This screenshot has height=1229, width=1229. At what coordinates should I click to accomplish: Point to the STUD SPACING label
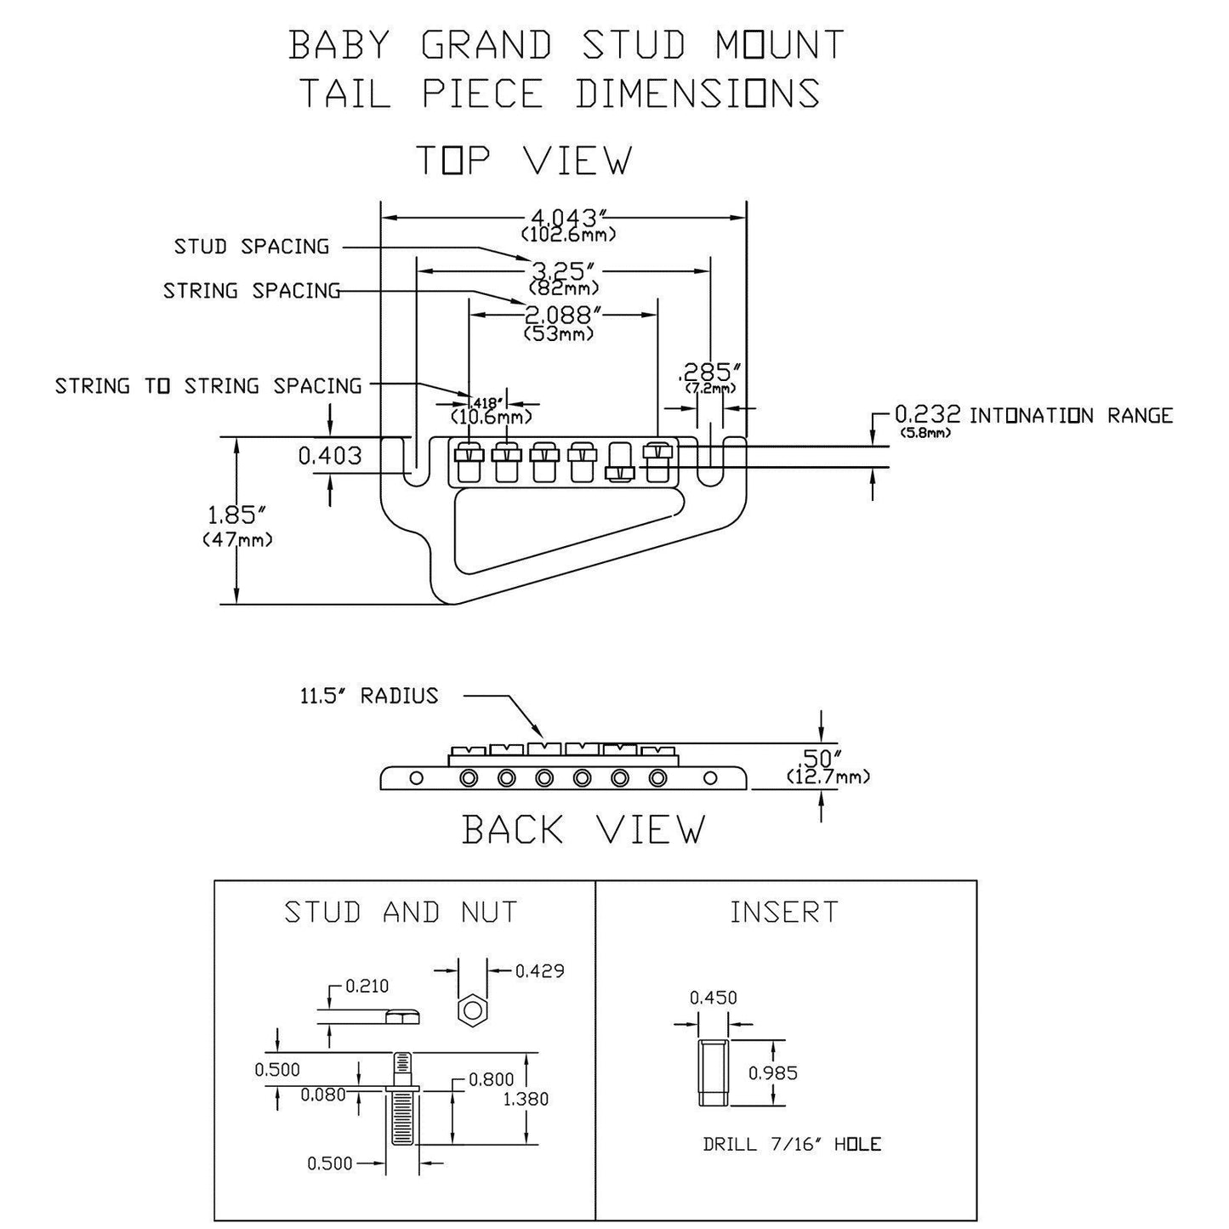251,247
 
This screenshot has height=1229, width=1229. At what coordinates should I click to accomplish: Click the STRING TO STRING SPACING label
208,386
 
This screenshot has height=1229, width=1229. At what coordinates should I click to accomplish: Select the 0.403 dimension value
330,457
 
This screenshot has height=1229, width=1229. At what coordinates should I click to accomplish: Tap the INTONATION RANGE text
1071,416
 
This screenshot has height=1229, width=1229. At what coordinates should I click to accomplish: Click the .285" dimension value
709,373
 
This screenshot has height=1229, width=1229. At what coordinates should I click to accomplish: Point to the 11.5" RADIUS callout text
368,696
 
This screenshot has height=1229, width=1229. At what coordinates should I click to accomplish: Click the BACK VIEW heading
583,829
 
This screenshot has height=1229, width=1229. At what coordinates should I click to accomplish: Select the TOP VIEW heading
523,160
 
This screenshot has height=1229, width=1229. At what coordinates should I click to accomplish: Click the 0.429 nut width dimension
540,970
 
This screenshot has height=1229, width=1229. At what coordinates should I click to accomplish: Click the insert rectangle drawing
712,1073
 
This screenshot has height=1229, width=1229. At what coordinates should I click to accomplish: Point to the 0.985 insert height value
772,1073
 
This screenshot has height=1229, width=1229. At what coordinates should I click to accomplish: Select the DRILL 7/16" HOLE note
791,1145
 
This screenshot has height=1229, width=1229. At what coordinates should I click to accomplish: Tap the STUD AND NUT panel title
401,913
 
